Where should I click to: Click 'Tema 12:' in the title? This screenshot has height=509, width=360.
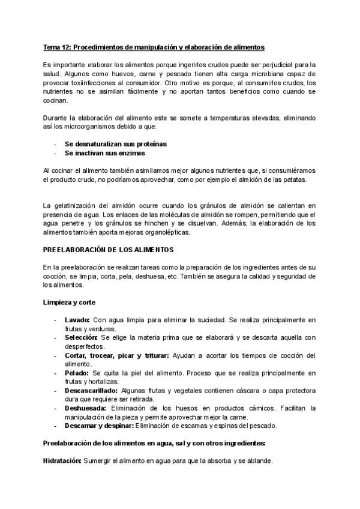(57, 46)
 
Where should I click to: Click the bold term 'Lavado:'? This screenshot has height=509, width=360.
(77, 320)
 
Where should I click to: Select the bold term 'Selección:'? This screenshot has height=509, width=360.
(82, 338)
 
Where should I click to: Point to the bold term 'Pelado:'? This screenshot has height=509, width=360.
(77, 373)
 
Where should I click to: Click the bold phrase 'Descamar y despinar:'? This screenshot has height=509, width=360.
(99, 426)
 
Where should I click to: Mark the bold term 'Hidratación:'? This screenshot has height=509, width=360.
(62, 461)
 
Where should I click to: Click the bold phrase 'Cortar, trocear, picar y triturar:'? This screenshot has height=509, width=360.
(117, 355)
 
